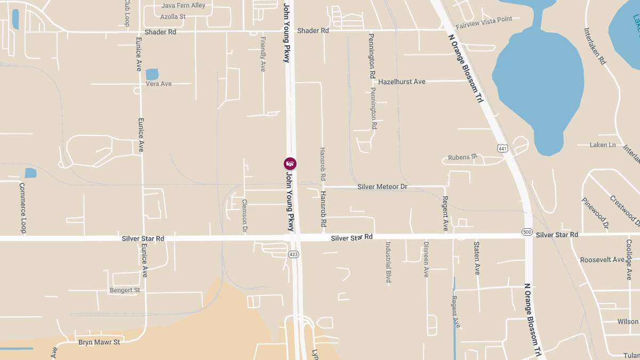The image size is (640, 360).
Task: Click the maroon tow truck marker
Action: coord(290,163)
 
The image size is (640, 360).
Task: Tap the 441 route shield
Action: coord(502,148)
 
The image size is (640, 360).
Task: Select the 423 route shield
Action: coord(293,254)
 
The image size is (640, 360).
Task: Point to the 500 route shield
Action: coord(527,232)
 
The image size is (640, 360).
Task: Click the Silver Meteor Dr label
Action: coord(382,187)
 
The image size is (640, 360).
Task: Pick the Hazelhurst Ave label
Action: coord(402,82)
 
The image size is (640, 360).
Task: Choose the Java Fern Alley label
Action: coord(183,5)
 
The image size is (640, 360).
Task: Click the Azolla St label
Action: coord(173,17)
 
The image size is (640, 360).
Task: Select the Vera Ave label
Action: coord(158,84)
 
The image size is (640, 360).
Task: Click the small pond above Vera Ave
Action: coord(152,74)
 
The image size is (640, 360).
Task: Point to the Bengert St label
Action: coord(124,290)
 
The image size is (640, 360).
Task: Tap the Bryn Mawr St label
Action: coord(99,342)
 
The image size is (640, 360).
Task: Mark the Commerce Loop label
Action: coord(22,208)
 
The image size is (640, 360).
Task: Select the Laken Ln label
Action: coord(603,145)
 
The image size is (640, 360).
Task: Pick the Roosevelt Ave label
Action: coord(602,260)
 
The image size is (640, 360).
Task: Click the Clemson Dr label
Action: coord(245,216)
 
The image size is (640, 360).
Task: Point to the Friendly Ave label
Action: coord(262,54)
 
